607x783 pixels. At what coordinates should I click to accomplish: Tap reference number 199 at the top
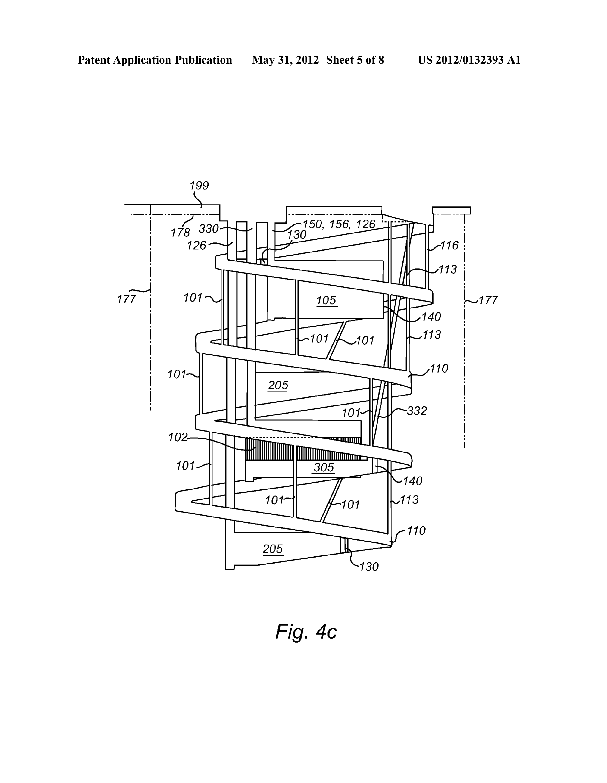coord(199,186)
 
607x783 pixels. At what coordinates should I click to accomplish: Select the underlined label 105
coord(326,300)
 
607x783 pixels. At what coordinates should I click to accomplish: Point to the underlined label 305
coord(324,467)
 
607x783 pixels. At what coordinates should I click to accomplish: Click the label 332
coord(417,411)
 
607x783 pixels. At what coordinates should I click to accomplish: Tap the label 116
coord(449,246)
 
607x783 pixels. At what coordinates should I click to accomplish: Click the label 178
coord(180,233)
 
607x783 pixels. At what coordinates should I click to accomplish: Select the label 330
coord(209,229)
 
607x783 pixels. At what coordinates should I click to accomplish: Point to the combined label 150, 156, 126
coord(339,224)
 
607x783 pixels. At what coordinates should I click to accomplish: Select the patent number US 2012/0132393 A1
coord(469,60)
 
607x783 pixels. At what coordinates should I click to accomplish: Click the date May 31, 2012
coord(285,60)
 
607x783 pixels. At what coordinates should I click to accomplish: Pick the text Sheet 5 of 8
coord(355,60)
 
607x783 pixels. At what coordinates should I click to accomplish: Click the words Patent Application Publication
coord(155,60)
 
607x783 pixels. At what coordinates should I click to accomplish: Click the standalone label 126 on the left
coord(197,246)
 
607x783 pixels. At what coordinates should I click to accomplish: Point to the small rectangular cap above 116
coord(451,210)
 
